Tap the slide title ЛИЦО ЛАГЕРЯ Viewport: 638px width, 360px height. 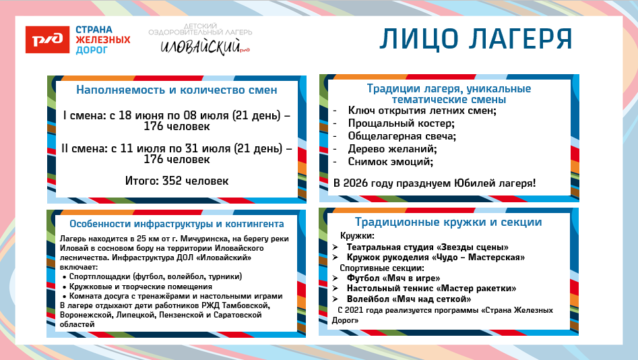476,39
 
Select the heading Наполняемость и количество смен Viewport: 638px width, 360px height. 177,90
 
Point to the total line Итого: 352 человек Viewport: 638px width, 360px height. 177,181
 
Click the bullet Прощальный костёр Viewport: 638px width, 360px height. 401,123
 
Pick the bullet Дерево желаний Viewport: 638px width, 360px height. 393,149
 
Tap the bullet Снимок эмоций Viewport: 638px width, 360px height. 390,162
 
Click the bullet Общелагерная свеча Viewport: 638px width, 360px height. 402,136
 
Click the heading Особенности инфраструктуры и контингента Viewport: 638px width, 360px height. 177,224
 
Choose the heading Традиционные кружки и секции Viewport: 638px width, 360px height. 449,222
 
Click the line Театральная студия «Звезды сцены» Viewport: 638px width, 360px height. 427,247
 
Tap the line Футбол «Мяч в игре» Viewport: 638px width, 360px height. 393,278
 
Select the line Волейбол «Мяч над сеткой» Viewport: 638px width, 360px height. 408,299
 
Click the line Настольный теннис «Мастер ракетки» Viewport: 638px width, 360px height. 422,288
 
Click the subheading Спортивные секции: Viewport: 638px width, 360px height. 378,268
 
